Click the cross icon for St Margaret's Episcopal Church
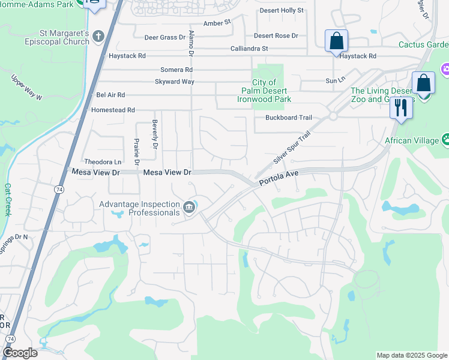[99, 37]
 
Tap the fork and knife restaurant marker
[400, 108]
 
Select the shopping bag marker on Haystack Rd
[337, 41]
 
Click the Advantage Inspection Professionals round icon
[189, 208]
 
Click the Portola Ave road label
[279, 178]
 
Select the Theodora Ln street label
[103, 162]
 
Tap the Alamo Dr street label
[191, 43]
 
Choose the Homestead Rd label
[113, 110]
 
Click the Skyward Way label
[174, 82]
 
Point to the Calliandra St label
[249, 49]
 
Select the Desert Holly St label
[282, 11]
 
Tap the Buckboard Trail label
[289, 118]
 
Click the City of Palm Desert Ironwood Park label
[264, 91]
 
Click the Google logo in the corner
[20, 353]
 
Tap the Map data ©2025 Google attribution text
[412, 355]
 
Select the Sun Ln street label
[336, 80]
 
